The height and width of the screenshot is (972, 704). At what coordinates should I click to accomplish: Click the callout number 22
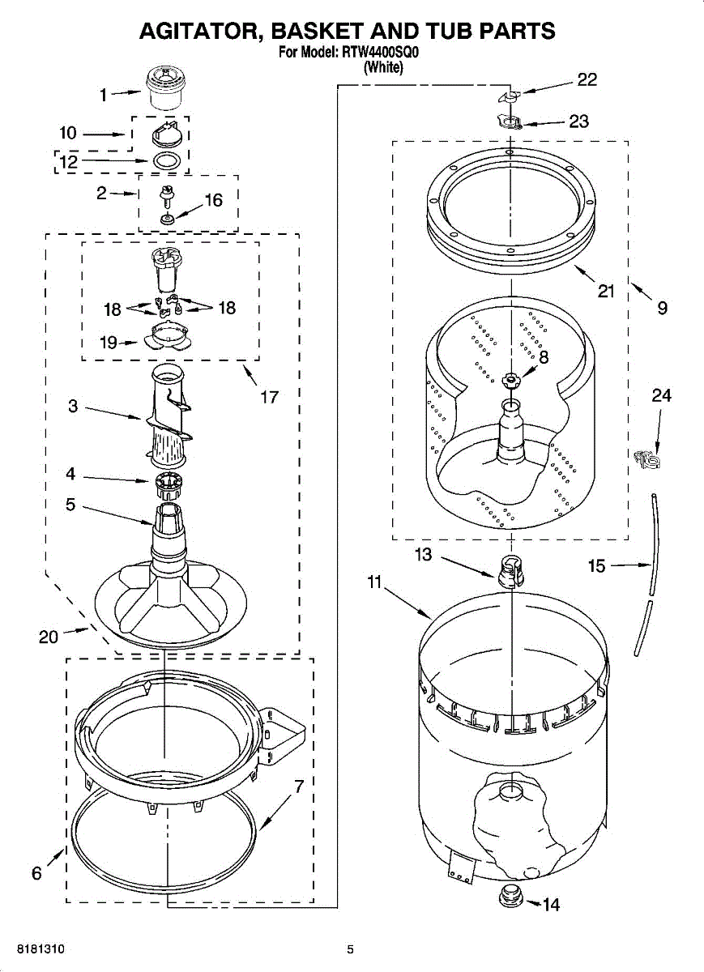(x=587, y=79)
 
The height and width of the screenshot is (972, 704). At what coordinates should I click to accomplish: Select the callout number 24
(x=662, y=395)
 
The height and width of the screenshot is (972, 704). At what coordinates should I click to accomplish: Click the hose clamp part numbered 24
(x=647, y=460)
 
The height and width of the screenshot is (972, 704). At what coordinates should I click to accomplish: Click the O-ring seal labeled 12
(x=166, y=160)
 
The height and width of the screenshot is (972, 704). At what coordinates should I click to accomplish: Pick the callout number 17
(x=269, y=397)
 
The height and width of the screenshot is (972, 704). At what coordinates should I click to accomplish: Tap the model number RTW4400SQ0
(x=379, y=53)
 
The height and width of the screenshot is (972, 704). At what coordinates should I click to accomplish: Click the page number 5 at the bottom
(x=350, y=949)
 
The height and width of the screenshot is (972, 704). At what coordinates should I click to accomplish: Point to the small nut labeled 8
(x=510, y=379)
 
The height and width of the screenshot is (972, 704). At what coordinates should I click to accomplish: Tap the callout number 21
(x=606, y=291)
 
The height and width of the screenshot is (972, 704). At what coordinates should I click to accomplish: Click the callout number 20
(x=48, y=637)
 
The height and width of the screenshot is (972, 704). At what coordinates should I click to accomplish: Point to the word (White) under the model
(x=383, y=68)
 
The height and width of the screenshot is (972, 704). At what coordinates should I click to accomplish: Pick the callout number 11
(x=373, y=582)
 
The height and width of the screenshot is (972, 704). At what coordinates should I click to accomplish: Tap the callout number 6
(x=36, y=873)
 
